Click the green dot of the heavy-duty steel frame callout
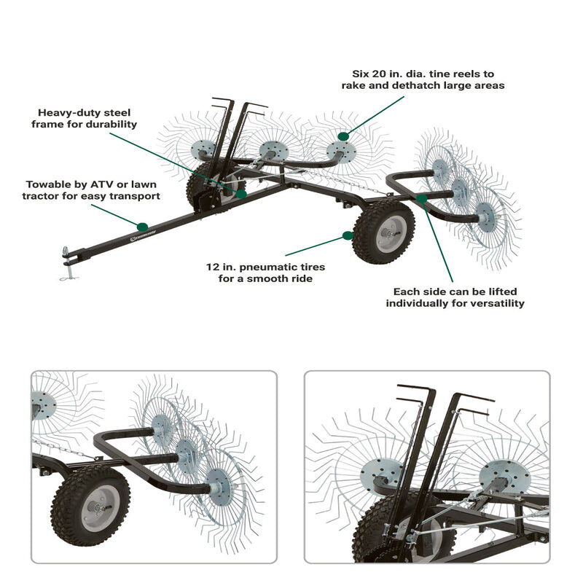tap(240, 194)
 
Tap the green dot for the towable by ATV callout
tap(142, 227)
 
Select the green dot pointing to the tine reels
tap(343, 136)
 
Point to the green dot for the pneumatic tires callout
tap(348, 235)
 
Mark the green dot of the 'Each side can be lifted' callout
tap(422, 198)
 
